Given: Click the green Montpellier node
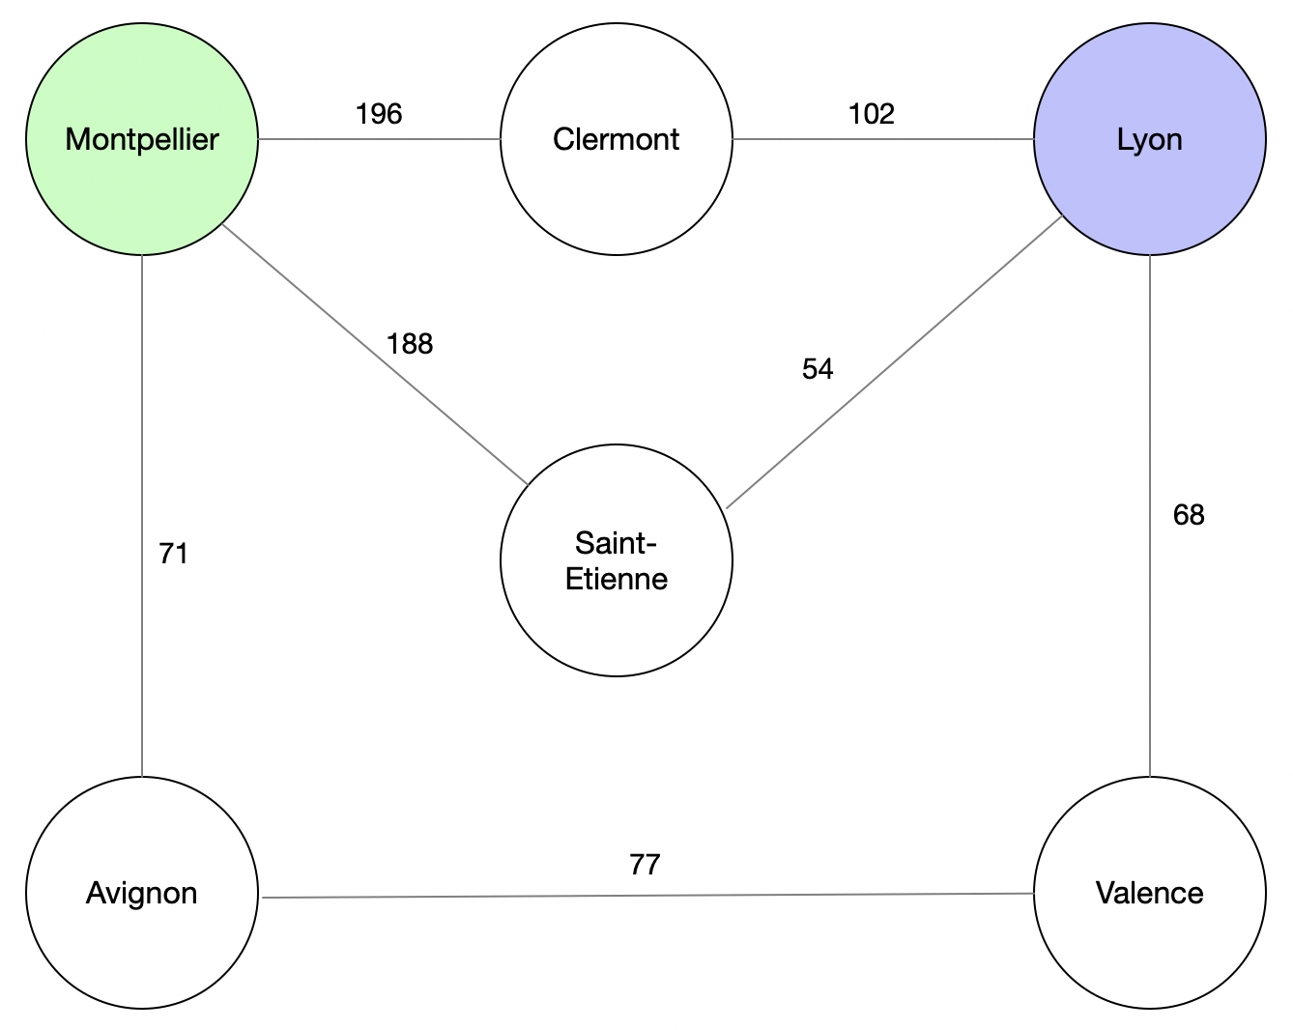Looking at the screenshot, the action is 142,139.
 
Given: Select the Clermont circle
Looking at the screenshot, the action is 617,139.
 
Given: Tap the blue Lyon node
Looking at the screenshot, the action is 1150,139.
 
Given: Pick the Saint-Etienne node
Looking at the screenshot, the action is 617,560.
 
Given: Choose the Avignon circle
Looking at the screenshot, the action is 142,893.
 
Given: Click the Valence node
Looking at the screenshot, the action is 1150,893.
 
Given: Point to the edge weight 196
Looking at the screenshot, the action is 379,114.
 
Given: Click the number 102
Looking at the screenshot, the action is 872,114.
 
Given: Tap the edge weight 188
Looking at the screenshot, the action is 410,344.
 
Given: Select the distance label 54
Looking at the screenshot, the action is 818,369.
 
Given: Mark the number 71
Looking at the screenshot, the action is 174,554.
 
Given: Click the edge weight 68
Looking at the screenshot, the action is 1189,515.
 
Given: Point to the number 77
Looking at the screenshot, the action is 645,865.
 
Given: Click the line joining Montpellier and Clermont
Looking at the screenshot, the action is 379,139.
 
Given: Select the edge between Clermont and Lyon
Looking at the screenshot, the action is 883,139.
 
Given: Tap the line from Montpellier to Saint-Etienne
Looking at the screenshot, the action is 375,354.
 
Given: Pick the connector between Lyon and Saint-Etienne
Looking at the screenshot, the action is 895,361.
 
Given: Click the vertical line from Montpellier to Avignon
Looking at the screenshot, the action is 142,516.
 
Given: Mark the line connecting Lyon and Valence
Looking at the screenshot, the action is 1150,516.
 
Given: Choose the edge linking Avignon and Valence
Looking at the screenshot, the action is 647,896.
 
